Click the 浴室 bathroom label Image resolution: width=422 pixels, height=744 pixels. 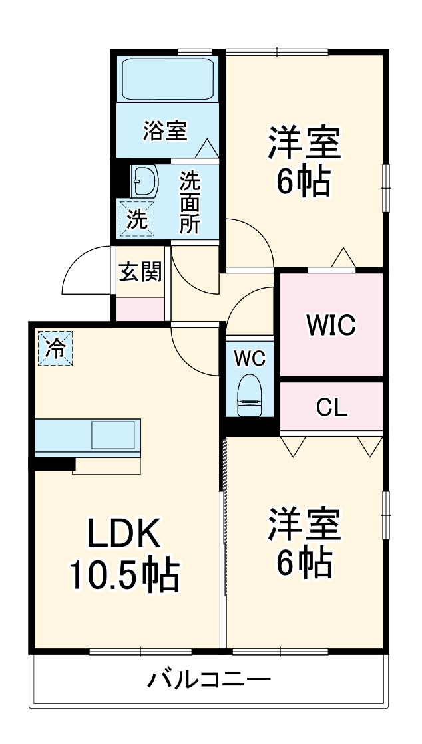(164, 130)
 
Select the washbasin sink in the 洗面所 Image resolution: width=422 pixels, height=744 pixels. (144, 180)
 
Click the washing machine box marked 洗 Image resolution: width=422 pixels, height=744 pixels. (137, 219)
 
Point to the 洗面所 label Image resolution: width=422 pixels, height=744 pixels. (190, 202)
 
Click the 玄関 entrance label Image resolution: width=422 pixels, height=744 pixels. (140, 271)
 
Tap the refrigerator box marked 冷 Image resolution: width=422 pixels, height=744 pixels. (55, 347)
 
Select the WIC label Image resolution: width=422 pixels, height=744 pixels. (331, 326)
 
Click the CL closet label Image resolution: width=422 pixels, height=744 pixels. (331, 408)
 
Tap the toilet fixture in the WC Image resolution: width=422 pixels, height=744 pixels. (250, 395)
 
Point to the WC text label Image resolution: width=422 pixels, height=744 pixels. (250, 358)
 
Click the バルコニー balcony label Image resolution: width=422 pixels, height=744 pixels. (208, 680)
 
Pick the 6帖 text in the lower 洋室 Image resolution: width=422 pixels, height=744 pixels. (304, 563)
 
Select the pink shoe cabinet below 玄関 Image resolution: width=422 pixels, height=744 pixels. (140, 309)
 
